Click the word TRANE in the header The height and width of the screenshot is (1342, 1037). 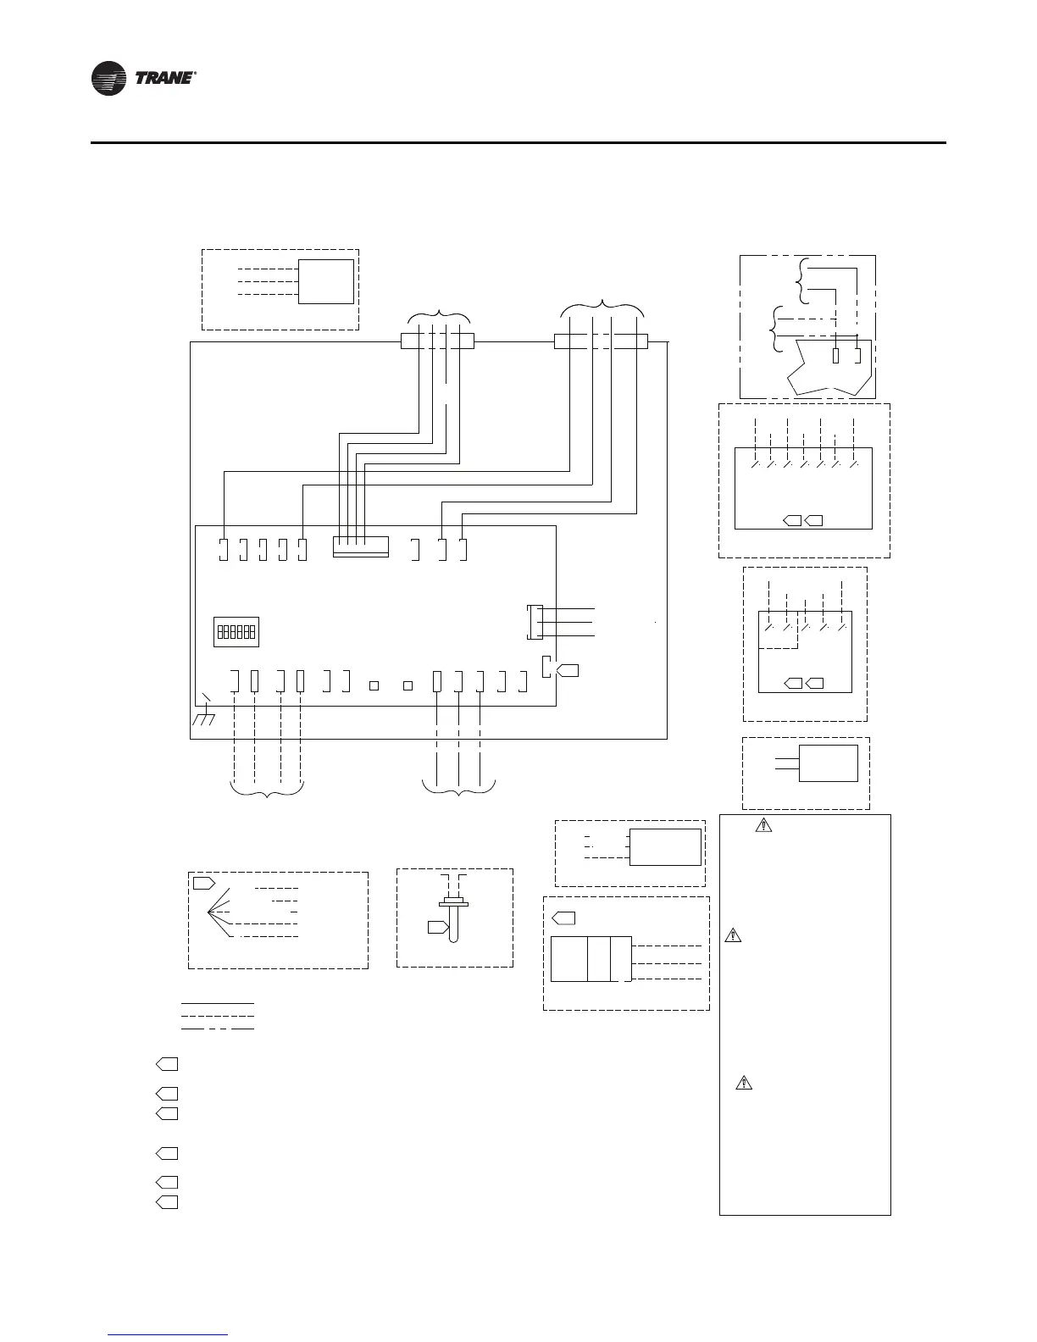(165, 79)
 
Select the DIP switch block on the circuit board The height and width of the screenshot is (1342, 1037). (236, 632)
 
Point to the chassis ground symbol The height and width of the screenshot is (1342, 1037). (205, 714)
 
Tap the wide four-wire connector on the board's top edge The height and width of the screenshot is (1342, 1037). (361, 546)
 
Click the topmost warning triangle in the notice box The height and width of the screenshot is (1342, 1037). (763, 823)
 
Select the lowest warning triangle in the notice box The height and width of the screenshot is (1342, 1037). (742, 1082)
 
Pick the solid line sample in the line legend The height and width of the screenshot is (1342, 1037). (218, 1004)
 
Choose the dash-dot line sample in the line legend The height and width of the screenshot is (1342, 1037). (218, 1028)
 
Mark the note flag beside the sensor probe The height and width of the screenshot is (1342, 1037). (437, 927)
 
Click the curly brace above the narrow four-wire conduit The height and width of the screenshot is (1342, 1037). (438, 318)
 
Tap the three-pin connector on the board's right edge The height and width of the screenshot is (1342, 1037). (533, 622)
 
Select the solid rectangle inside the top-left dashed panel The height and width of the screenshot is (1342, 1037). (326, 281)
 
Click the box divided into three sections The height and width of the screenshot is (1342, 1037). (591, 959)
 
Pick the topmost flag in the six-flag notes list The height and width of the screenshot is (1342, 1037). (167, 1064)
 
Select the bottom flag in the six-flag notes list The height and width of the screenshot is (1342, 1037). (167, 1202)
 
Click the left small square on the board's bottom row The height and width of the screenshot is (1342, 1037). (374, 685)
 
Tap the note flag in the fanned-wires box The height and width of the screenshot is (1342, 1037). (203, 883)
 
